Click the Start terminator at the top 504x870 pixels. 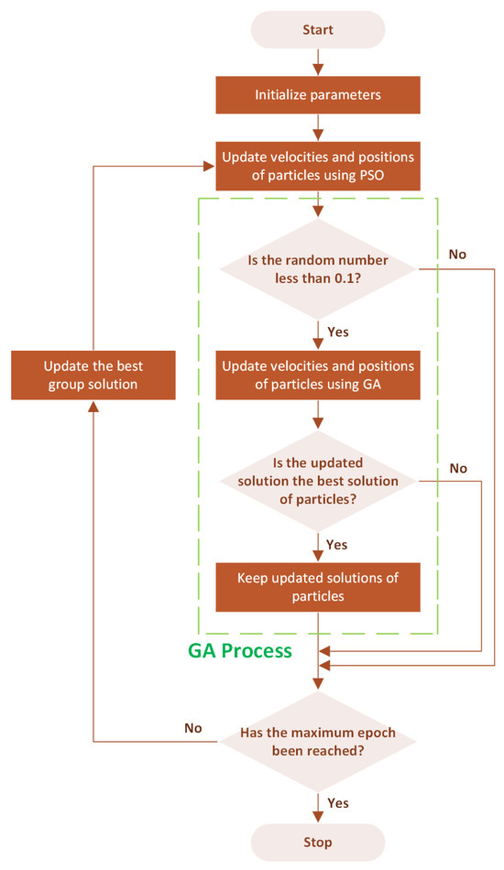pos(318,29)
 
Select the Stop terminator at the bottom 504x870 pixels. pos(318,842)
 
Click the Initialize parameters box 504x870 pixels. pos(318,94)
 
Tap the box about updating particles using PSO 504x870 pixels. pos(318,166)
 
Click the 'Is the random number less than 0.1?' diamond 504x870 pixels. pos(318,269)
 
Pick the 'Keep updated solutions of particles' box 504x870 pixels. pos(318,586)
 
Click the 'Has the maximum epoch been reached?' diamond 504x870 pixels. pos(318,741)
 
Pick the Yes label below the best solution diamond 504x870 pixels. pos(336,544)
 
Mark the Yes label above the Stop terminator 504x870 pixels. pos(336,802)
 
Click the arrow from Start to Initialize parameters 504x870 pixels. pos(318,61)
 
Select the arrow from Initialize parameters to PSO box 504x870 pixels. pos(318,128)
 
